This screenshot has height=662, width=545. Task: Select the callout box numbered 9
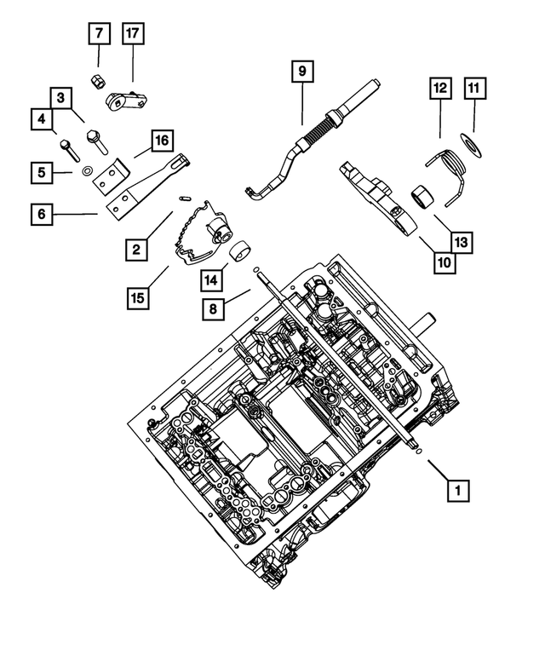point(301,72)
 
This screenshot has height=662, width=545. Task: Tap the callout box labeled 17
point(133,34)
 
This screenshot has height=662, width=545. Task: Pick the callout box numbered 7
point(100,34)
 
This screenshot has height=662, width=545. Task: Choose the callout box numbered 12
point(439,88)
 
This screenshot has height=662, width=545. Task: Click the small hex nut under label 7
point(98,81)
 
